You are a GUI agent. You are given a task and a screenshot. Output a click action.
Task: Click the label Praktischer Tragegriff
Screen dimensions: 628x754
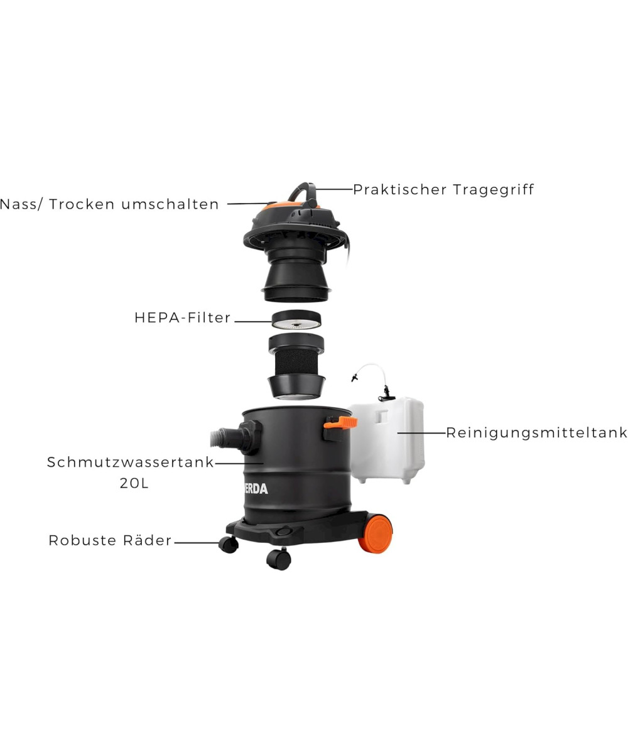point(443,190)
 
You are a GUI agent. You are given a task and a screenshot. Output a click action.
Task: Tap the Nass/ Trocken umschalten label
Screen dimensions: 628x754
point(109,204)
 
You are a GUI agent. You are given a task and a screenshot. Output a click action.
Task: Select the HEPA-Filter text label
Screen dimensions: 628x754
point(182,318)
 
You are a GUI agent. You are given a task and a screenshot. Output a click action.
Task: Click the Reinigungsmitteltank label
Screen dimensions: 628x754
point(537,433)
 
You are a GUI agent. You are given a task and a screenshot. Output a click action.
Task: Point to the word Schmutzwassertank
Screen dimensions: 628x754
point(130,462)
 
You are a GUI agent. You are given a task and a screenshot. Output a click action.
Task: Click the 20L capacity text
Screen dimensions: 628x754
point(134,483)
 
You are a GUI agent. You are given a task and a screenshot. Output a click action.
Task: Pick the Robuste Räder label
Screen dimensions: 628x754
point(110,540)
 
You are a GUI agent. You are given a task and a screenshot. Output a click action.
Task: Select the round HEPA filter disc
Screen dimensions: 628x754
point(296,320)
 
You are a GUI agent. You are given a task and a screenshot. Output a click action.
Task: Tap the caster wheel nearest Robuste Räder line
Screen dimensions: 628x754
point(229,545)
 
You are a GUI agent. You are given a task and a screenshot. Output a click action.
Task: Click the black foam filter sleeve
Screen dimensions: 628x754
point(296,361)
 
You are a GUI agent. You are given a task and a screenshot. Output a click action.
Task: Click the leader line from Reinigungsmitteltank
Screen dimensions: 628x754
point(422,433)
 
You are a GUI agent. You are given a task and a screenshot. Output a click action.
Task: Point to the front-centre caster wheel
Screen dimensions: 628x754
point(279,559)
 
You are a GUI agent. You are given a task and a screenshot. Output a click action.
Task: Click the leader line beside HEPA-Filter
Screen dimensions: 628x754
point(253,321)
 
